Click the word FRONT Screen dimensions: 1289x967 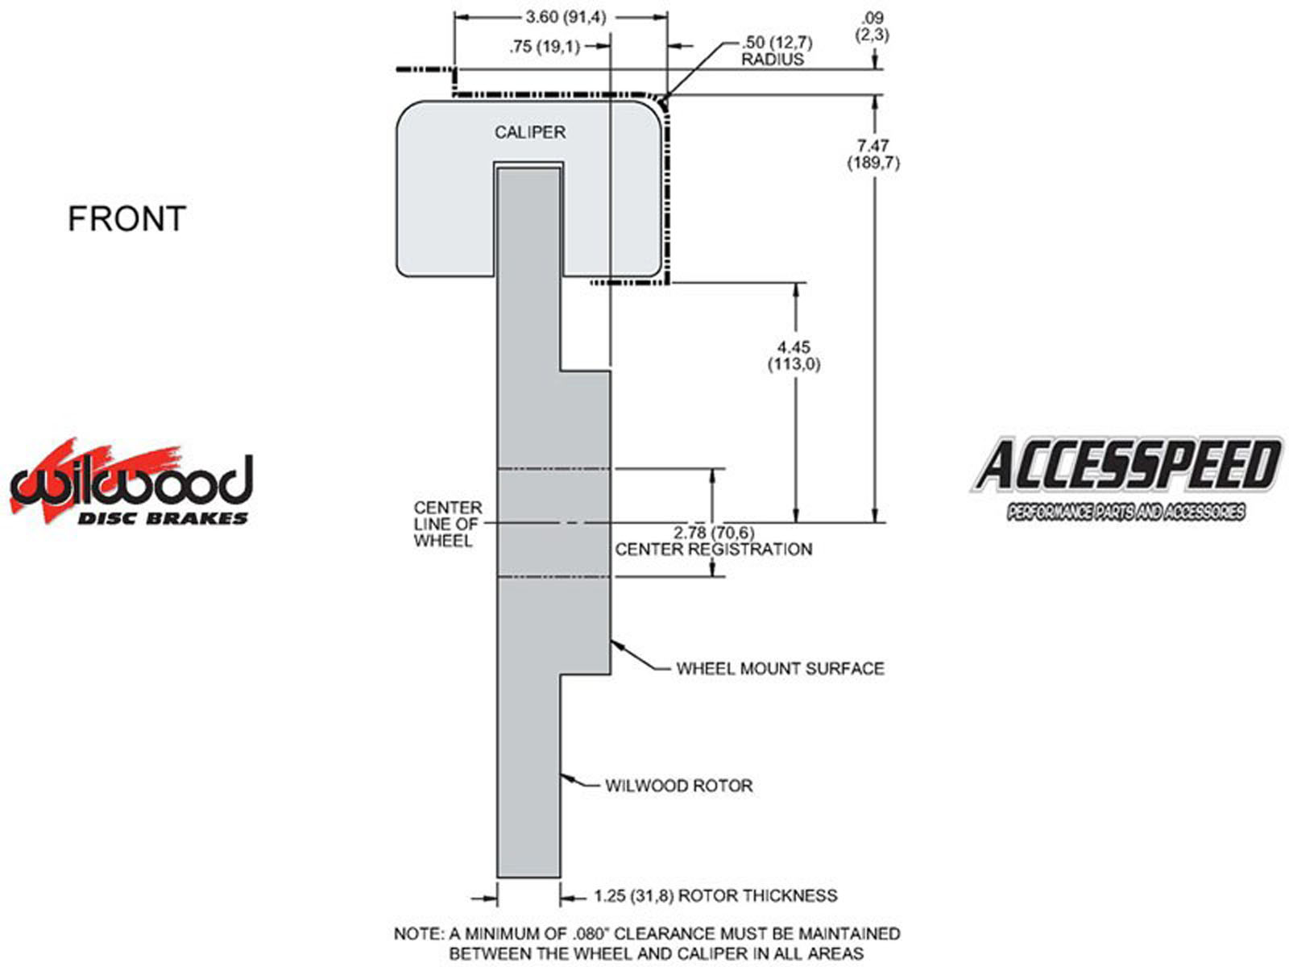pos(126,218)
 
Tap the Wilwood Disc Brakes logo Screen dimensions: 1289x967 pos(131,481)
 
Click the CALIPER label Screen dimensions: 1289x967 pos(529,132)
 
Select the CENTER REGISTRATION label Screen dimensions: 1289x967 pos(714,549)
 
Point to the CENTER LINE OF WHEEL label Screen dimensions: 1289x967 pos(447,524)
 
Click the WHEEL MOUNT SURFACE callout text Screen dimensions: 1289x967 pos(780,668)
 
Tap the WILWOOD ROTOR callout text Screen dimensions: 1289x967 pos(679,786)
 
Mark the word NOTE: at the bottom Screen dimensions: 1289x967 pos(419,933)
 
